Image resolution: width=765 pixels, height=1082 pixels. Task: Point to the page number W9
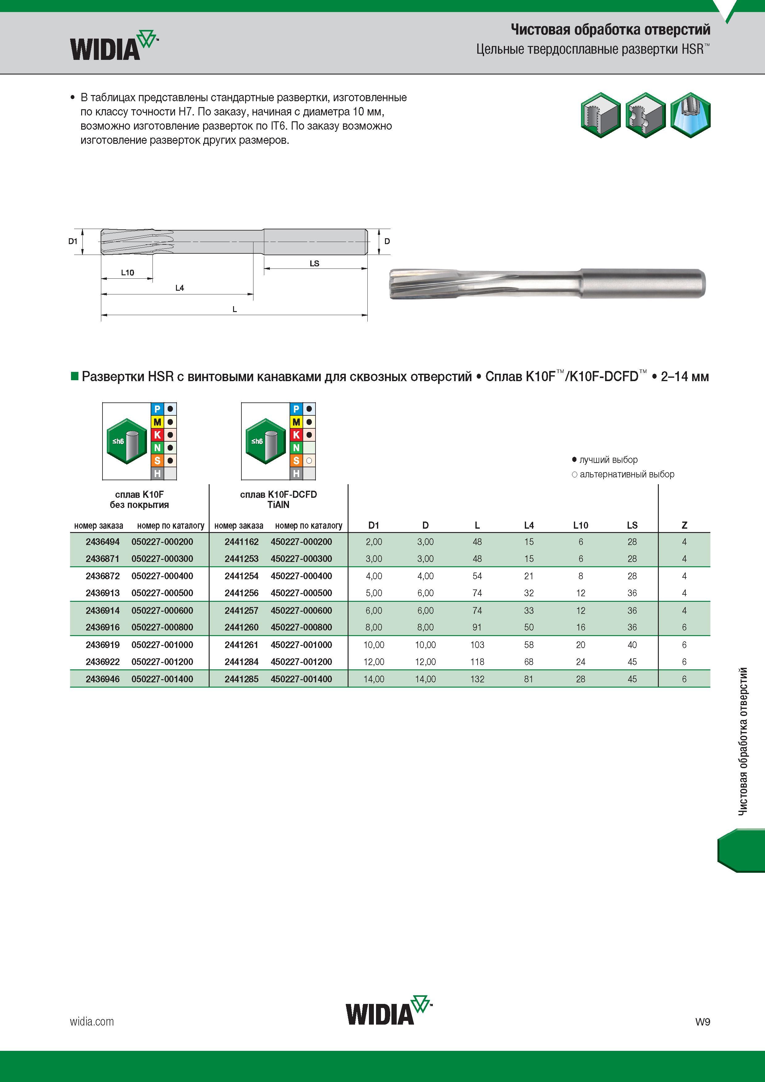tap(702, 1022)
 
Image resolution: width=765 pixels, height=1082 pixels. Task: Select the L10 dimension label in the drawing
tap(127, 273)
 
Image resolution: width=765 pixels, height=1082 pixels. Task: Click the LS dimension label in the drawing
tap(314, 264)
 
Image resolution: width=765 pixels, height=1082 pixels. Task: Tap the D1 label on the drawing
tap(73, 241)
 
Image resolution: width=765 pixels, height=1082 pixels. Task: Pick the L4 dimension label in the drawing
tap(180, 287)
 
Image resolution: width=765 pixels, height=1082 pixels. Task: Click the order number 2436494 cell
tap(103, 542)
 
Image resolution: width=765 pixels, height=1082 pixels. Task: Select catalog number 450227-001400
tap(302, 679)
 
